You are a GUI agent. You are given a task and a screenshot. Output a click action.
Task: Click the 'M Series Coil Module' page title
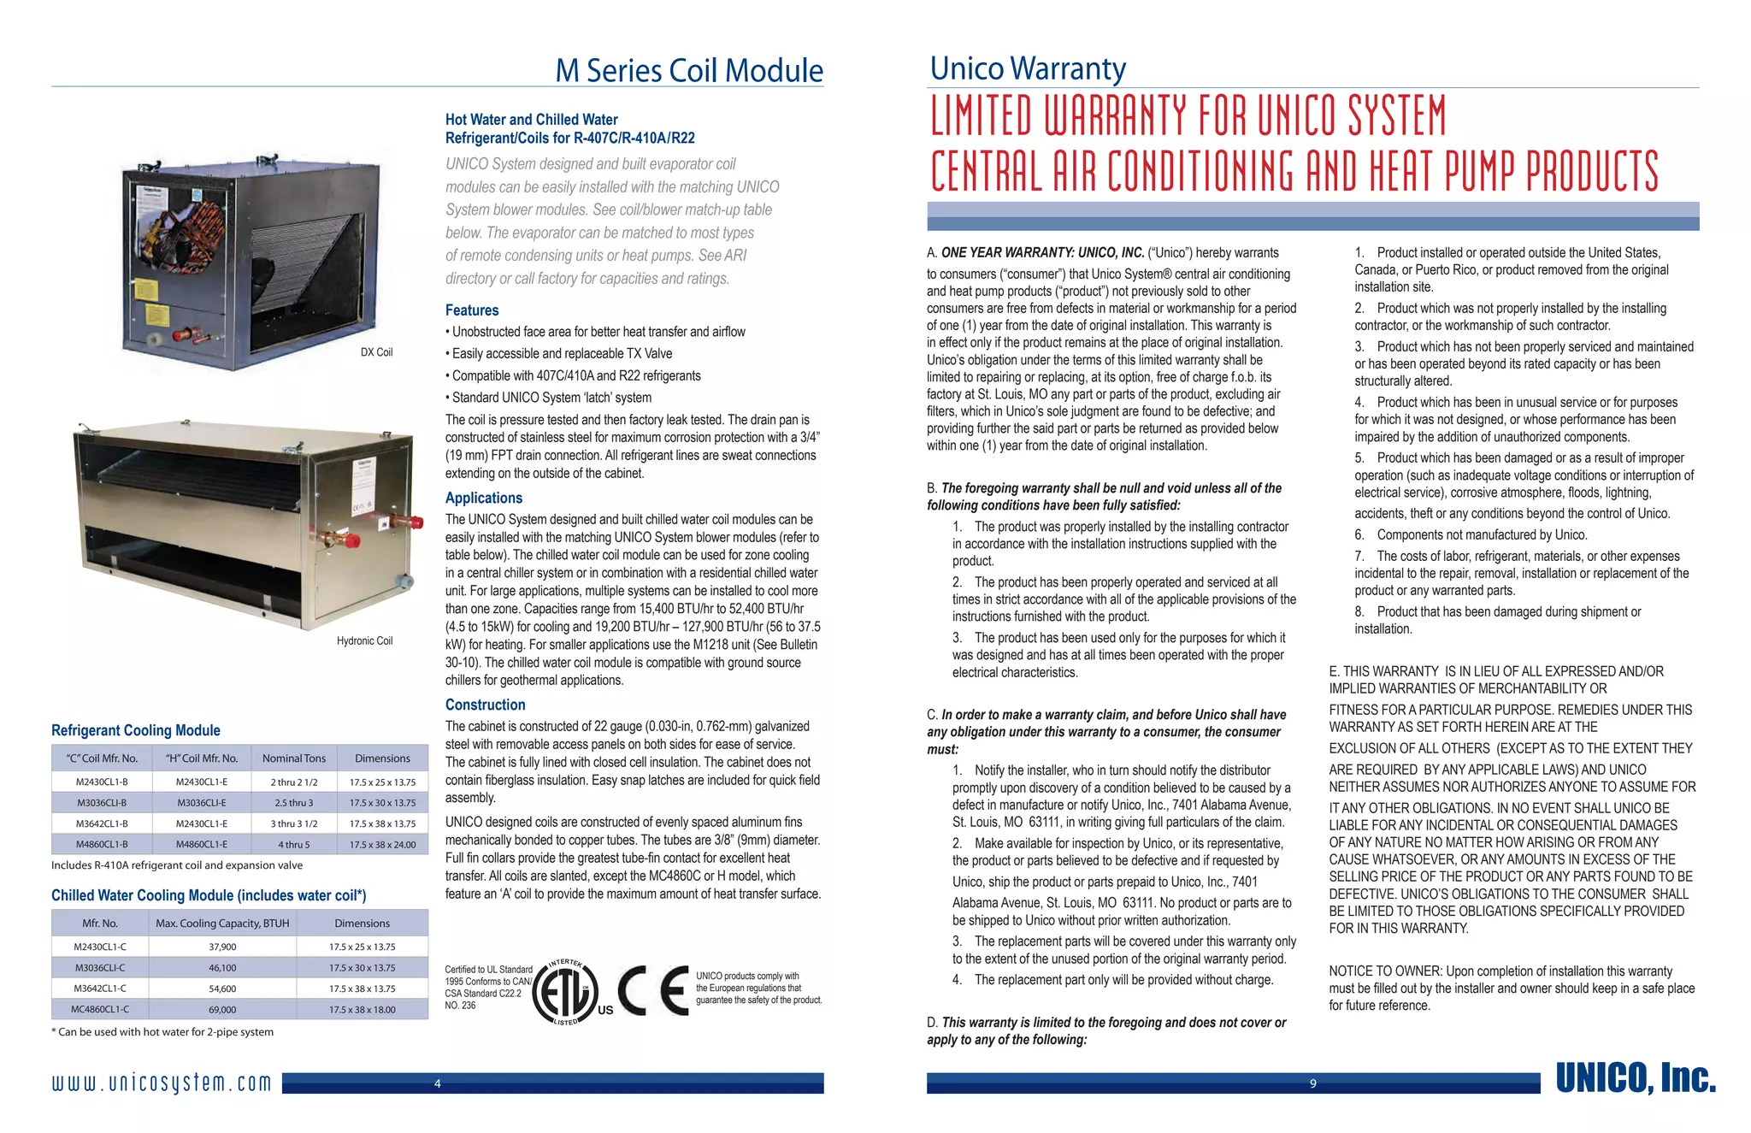[x=689, y=70]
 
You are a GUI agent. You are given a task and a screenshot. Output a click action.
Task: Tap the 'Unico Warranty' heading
[x=1028, y=68]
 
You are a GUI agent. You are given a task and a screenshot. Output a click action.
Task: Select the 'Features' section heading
[x=471, y=310]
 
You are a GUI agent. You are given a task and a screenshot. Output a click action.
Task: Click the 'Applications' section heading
[x=483, y=498]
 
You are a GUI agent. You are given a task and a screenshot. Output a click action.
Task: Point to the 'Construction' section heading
[x=485, y=705]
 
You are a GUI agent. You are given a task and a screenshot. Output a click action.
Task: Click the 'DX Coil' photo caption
[x=376, y=352]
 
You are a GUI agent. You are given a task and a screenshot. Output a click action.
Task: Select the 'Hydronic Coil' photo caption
[x=364, y=640]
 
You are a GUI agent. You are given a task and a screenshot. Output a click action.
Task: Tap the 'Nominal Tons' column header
[x=293, y=758]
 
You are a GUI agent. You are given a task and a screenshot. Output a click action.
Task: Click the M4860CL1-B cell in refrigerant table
[x=102, y=845]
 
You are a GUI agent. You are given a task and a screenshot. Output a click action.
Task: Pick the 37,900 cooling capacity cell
[x=222, y=947]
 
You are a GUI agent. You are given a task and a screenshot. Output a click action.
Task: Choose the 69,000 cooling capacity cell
[x=222, y=1010]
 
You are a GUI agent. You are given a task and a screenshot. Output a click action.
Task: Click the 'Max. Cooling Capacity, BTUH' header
[x=222, y=924]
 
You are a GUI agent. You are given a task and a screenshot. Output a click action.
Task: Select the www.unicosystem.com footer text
[x=162, y=1083]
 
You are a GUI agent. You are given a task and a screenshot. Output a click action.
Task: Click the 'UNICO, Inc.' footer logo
[x=1635, y=1079]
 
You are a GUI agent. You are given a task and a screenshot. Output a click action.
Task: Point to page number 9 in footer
[x=1313, y=1084]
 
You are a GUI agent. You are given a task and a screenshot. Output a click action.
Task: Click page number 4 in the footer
[x=438, y=1084]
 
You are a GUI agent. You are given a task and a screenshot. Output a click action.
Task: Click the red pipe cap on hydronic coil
[x=416, y=522]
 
